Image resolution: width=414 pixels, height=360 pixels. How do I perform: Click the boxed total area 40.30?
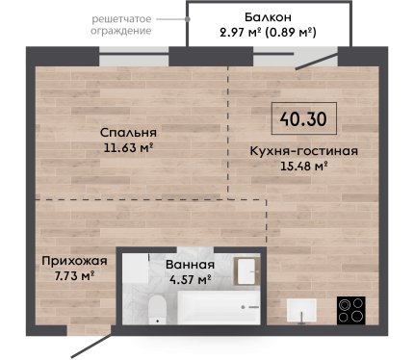point(303,118)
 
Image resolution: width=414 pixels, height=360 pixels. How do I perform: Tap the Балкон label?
point(268,17)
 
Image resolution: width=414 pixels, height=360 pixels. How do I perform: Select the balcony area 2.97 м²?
point(241,32)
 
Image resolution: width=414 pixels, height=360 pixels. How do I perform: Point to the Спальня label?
point(128,132)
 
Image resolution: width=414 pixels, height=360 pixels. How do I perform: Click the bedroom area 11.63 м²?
point(128,147)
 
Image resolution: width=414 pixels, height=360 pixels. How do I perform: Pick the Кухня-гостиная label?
point(303,151)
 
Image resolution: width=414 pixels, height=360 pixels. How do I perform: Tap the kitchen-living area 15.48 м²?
point(303,166)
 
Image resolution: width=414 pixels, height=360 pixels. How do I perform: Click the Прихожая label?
point(74,261)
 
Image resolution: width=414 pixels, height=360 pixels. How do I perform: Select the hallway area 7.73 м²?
point(74,275)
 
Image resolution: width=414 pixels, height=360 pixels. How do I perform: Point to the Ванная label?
point(190,265)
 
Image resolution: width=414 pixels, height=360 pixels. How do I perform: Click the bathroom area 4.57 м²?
point(190,279)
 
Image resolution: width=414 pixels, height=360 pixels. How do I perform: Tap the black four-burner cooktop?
point(351,310)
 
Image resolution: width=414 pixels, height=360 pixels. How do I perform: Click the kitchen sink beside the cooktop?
point(301,310)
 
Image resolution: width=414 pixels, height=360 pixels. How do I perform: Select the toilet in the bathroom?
point(157,310)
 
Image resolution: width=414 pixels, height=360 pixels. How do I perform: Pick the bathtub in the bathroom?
point(219,308)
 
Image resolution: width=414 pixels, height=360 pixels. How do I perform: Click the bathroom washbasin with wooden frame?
point(246,271)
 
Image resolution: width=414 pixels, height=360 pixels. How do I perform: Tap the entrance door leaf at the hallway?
point(92,342)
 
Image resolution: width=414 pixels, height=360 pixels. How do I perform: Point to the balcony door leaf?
point(317,61)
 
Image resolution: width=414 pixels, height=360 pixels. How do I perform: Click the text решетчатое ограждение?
point(121,25)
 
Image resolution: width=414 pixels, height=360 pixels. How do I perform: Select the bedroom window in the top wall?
point(134,56)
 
